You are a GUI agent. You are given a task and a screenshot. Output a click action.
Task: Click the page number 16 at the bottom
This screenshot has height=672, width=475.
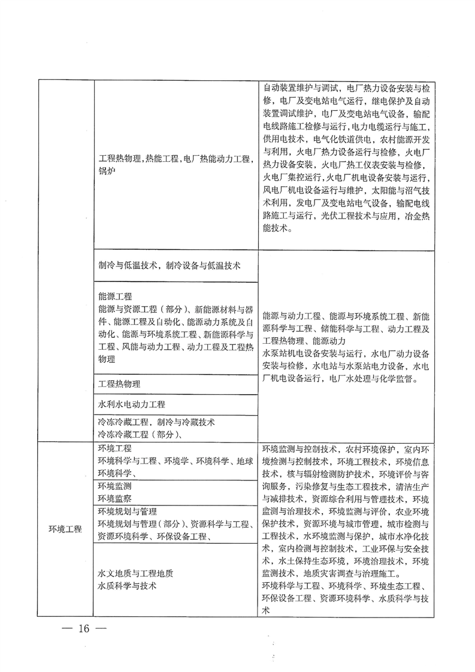pyautogui.click(x=82, y=630)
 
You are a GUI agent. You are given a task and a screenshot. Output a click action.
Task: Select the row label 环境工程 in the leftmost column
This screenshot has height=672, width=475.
pyautogui.click(x=65, y=529)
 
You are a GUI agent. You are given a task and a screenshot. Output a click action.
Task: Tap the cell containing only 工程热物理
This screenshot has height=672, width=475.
pyautogui.click(x=120, y=384)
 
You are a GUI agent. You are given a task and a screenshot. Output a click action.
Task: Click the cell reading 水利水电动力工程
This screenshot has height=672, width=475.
pyautogui.click(x=131, y=404)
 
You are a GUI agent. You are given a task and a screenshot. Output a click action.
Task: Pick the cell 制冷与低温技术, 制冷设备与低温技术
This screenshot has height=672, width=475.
pyautogui.click(x=170, y=265)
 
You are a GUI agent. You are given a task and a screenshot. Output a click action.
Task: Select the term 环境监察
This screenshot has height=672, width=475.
pyautogui.click(x=115, y=497)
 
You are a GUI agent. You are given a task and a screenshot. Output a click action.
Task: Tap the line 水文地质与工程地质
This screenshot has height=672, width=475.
pyautogui.click(x=135, y=573)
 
